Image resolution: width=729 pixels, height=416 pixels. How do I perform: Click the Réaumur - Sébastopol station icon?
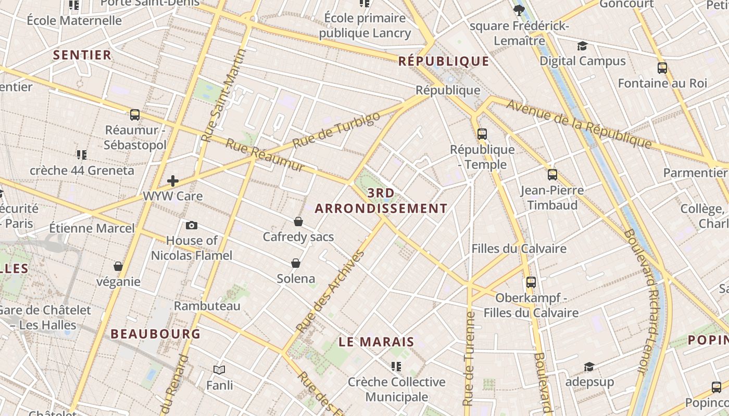pos(134,115)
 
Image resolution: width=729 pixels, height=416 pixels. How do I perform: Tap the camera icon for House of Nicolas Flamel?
pos(192,225)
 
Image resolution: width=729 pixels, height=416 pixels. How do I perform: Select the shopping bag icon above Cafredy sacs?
pos(298,222)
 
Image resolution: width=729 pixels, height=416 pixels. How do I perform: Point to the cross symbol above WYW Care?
pos(173,181)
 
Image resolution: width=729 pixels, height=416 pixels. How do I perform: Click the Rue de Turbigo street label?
pos(336,130)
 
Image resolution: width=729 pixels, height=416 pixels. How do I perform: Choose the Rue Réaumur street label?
pos(265,155)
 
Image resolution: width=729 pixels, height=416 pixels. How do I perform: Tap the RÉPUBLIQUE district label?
pos(444,61)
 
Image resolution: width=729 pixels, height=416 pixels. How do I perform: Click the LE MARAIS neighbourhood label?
pos(376,342)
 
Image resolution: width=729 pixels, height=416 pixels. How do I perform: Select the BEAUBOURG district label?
pos(155,334)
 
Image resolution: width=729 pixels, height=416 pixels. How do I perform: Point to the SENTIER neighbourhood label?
pos(82,55)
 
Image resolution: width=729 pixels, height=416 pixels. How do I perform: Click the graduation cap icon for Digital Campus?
pos(582,46)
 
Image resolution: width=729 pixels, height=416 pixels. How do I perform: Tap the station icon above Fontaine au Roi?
pos(662,68)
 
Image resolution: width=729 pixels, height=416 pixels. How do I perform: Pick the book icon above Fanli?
pos(219,370)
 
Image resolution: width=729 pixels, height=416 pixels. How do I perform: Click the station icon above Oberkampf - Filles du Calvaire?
pos(531,282)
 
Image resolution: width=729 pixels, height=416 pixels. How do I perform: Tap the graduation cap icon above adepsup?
pos(589,367)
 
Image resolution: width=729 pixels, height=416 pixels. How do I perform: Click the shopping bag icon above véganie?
pos(118,266)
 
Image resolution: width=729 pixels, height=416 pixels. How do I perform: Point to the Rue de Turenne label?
pos(469,359)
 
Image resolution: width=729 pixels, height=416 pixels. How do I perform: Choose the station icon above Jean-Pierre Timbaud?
pos(552,175)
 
